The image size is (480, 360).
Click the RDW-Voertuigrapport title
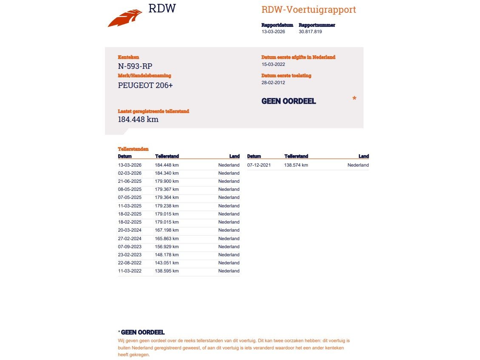(x=309, y=10)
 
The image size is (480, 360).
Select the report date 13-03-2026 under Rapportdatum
(x=273, y=31)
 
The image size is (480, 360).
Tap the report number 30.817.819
(x=310, y=31)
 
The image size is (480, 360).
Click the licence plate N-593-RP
(x=135, y=66)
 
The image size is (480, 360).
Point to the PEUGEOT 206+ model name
(x=145, y=85)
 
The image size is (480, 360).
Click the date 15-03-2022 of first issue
(x=273, y=65)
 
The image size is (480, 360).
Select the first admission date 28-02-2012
(x=273, y=83)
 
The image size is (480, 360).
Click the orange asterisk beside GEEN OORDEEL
(x=354, y=99)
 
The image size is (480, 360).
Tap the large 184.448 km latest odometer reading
(x=138, y=119)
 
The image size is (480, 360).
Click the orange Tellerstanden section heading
(x=133, y=149)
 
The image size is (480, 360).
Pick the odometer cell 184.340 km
(x=167, y=173)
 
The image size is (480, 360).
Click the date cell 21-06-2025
(x=130, y=181)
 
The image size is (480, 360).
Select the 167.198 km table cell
(x=167, y=230)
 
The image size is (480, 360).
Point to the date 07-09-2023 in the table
(x=130, y=247)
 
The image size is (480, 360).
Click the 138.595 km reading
(x=167, y=271)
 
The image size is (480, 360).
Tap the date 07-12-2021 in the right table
(x=259, y=165)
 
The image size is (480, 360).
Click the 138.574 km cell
(x=296, y=165)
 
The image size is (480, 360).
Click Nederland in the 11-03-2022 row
(x=229, y=271)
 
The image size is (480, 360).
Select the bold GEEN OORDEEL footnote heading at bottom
(x=143, y=332)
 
